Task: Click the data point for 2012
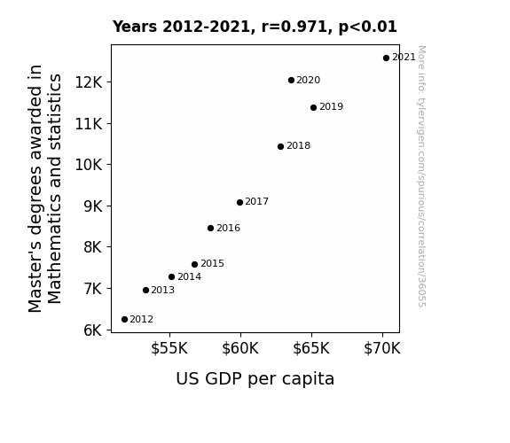pos(124,320)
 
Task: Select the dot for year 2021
pos(386,58)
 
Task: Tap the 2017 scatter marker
pos(239,203)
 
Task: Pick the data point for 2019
pos(313,107)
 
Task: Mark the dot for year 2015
pos(194,265)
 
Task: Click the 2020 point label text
pos(309,80)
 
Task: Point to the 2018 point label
pos(299,145)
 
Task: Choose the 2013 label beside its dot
pos(162,290)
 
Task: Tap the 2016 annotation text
pos(228,229)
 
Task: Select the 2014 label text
pos(189,277)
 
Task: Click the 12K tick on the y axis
pos(89,82)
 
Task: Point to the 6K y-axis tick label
pos(93,330)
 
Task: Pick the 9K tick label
pos(93,206)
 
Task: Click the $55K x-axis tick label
pos(169,348)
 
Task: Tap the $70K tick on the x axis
pos(382,348)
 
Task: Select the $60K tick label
pos(240,348)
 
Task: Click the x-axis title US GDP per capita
pos(255,379)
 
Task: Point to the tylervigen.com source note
pos(421,176)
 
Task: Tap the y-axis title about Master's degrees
pos(44,189)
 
